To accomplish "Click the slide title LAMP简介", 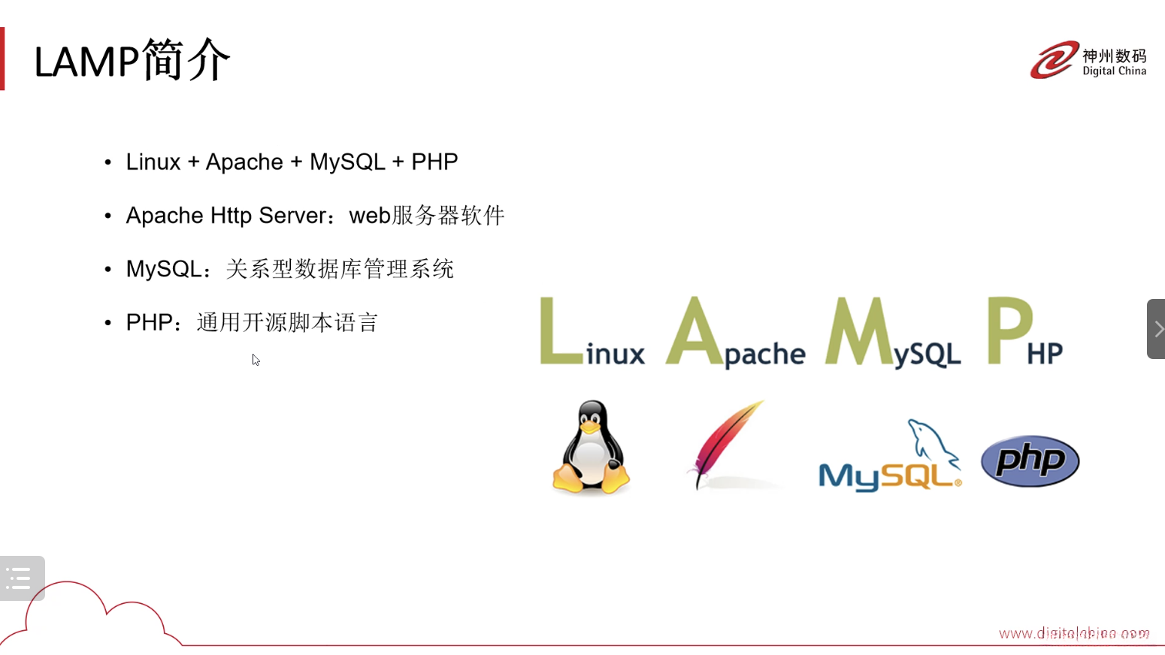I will (132, 60).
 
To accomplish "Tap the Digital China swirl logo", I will (1053, 60).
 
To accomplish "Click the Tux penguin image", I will (592, 448).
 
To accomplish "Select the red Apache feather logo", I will (725, 443).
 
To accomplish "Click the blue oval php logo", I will (1030, 460).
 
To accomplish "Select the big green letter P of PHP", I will (1009, 331).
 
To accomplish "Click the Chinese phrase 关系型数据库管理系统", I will (340, 269).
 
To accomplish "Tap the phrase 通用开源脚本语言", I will (287, 323).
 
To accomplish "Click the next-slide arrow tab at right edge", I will (1157, 329).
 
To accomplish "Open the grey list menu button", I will (22, 578).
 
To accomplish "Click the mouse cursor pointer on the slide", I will (256, 360).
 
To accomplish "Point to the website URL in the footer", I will (1073, 633).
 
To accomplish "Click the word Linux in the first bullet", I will (153, 162).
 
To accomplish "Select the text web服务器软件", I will (427, 216).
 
